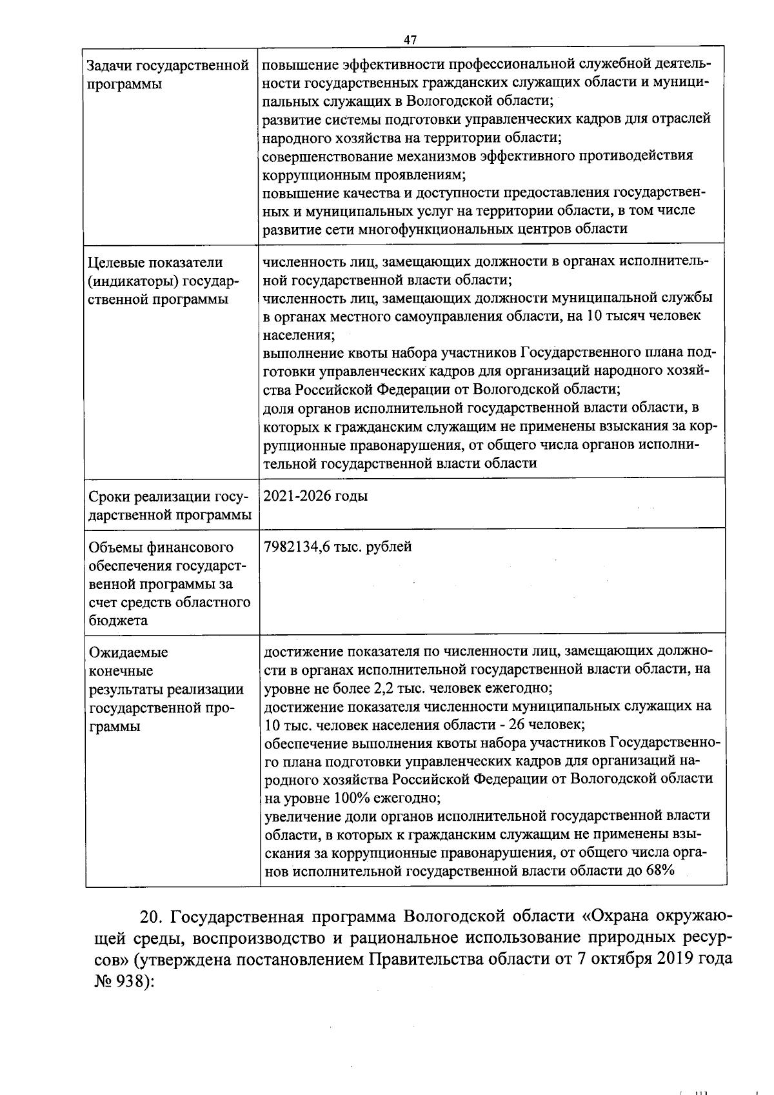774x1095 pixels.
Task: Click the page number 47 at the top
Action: coord(410,40)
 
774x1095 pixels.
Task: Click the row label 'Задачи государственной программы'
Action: coord(167,75)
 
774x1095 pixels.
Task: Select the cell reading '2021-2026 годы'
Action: coord(316,496)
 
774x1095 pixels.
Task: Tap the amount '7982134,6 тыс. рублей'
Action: coord(338,547)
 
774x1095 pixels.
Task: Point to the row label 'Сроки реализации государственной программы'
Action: coord(169,506)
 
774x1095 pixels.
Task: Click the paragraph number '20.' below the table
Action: coord(154,917)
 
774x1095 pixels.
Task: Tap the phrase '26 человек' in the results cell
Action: coord(546,724)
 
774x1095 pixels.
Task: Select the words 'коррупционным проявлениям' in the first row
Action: coord(363,174)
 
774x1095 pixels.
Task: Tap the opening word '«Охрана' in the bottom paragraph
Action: coord(617,917)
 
